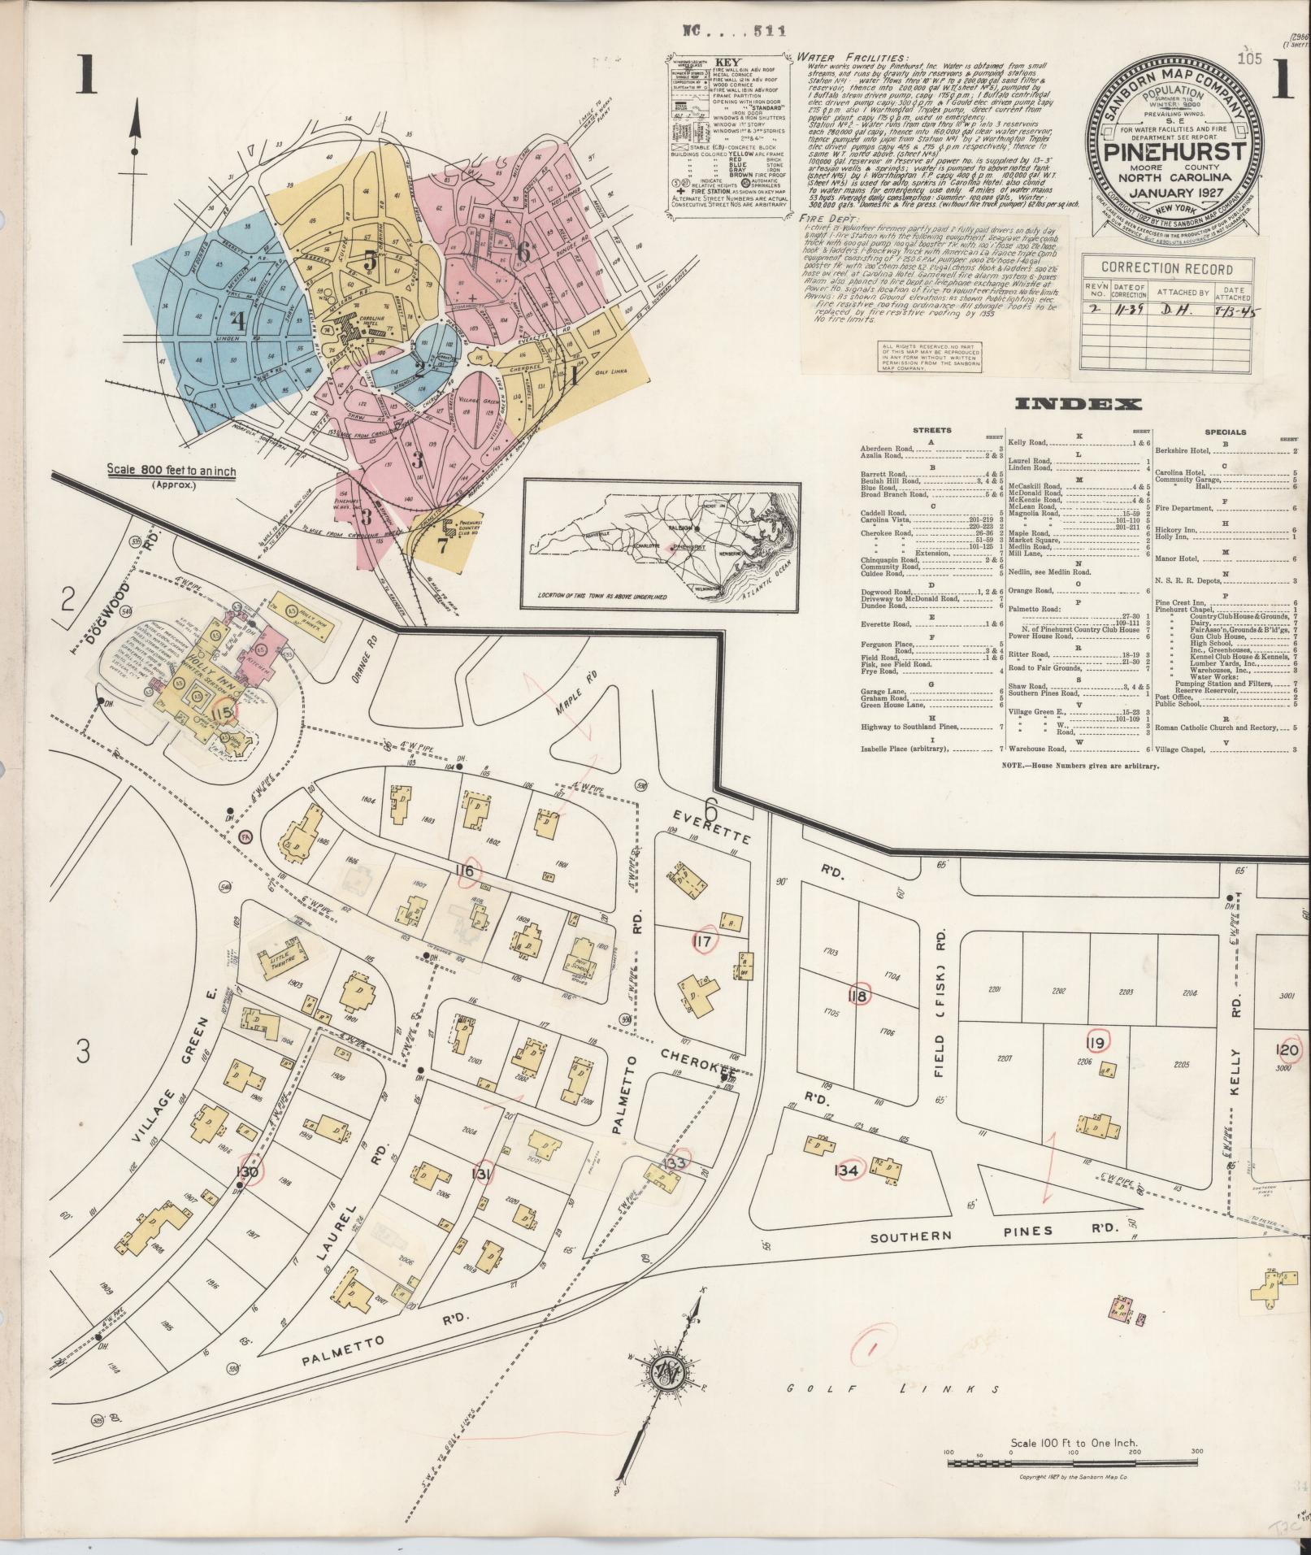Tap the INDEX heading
tap(1079, 405)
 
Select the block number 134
tap(846, 1171)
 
